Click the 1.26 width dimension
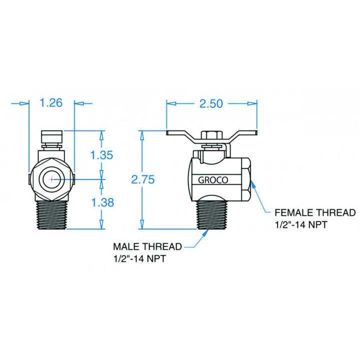(x=50, y=103)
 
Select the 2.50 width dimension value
(x=210, y=103)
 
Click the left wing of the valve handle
(x=183, y=135)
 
